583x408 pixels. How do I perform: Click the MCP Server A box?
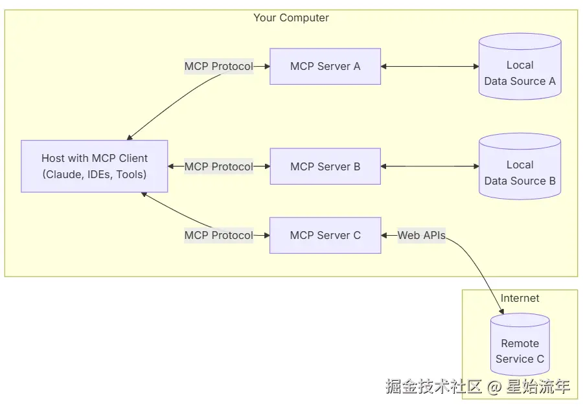(x=325, y=66)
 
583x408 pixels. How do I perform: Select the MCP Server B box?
(x=325, y=166)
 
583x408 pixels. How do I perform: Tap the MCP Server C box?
(x=325, y=235)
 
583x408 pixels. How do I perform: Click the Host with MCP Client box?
(x=95, y=166)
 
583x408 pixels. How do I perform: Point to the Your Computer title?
(x=291, y=17)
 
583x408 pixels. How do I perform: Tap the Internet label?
(x=520, y=298)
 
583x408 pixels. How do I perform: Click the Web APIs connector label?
(x=422, y=235)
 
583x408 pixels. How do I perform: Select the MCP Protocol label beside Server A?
(x=218, y=66)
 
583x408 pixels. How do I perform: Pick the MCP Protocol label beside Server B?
(x=218, y=166)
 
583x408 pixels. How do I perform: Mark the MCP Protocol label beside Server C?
(x=218, y=235)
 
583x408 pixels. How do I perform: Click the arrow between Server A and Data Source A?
(x=429, y=66)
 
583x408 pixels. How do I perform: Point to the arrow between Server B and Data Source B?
(x=429, y=166)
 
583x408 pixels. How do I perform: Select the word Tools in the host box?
(x=130, y=174)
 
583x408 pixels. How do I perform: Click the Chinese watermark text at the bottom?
(x=434, y=387)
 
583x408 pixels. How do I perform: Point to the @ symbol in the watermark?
(x=494, y=387)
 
